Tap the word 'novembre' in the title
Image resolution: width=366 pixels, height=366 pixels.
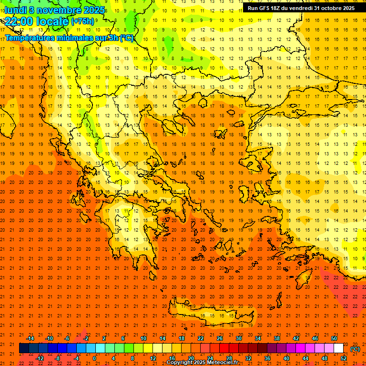57,10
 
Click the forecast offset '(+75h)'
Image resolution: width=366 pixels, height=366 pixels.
82,21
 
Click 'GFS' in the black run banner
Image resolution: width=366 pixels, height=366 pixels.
265,8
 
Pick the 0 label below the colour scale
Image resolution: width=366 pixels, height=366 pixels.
94,358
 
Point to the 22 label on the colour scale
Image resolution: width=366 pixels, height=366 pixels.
201,338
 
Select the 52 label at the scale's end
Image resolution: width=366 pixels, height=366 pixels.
344,358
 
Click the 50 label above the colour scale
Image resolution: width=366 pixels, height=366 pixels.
334,338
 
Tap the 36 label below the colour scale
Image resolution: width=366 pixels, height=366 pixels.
267,358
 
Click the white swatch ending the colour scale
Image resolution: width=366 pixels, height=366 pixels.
339,348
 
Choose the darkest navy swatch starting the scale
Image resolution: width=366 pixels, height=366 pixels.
24,348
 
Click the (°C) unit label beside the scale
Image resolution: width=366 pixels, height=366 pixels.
355,349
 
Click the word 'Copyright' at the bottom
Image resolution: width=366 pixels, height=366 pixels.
180,363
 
